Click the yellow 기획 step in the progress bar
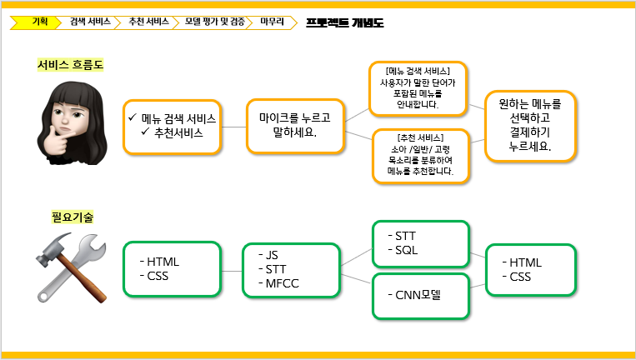(x=37, y=22)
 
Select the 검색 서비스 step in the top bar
(x=90, y=22)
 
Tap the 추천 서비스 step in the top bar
(x=149, y=22)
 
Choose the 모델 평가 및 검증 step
(x=215, y=22)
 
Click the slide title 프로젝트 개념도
(x=345, y=22)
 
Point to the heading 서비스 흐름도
(x=70, y=64)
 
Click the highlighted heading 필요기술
(x=73, y=217)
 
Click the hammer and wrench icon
(x=72, y=267)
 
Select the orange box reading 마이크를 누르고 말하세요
(x=295, y=126)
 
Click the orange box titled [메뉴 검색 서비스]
(x=418, y=89)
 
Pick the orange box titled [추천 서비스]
(x=421, y=156)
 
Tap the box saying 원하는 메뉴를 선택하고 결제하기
(x=530, y=126)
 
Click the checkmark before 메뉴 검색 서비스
(x=133, y=117)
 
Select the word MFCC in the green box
(x=283, y=283)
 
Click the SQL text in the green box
(x=407, y=250)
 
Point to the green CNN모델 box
(x=421, y=296)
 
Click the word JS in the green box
(x=272, y=255)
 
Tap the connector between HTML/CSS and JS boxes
(x=232, y=271)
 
